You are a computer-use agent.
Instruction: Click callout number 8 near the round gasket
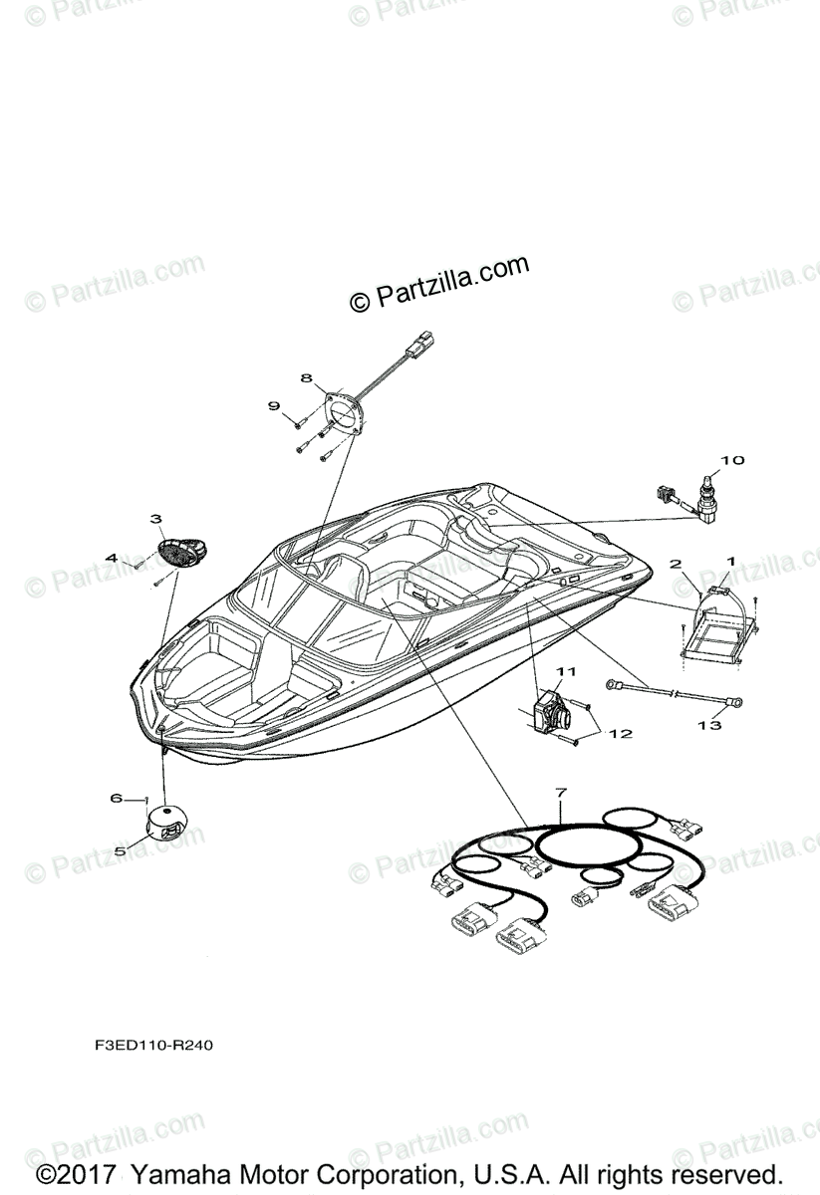pyautogui.click(x=306, y=378)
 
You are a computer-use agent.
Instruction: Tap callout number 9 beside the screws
pyautogui.click(x=274, y=405)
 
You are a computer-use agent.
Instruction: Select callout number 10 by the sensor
pyautogui.click(x=732, y=460)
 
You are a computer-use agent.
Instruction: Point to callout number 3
pyautogui.click(x=156, y=519)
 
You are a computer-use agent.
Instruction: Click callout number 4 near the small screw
pyautogui.click(x=113, y=559)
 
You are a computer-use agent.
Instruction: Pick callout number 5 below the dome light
pyautogui.click(x=120, y=851)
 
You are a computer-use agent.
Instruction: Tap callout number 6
pyautogui.click(x=116, y=798)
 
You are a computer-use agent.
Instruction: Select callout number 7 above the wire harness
pyautogui.click(x=561, y=793)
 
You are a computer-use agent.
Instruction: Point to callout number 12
pyautogui.click(x=621, y=733)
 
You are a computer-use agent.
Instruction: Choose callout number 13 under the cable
pyautogui.click(x=708, y=726)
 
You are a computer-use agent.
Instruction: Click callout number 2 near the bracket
pyautogui.click(x=676, y=564)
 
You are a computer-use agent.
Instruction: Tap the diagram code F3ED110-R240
pyautogui.click(x=147, y=1047)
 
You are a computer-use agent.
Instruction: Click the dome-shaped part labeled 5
pyautogui.click(x=169, y=825)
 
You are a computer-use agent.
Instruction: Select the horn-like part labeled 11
pyautogui.click(x=552, y=711)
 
